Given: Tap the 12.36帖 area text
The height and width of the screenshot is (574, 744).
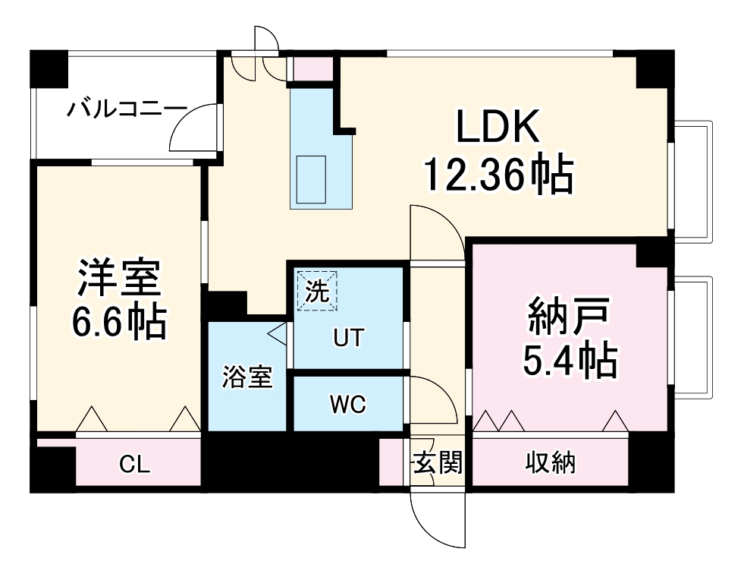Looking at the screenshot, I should (x=497, y=175).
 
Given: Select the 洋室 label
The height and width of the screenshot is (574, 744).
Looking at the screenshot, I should (x=119, y=279).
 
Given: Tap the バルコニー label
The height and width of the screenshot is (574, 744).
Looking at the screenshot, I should (x=125, y=109).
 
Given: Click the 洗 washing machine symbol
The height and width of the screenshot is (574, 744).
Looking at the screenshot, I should (x=315, y=289).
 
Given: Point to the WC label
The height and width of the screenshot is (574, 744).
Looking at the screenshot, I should (x=347, y=405).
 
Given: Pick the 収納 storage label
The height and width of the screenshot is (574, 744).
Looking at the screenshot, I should (x=551, y=461).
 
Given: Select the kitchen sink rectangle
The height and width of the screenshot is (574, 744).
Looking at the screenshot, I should (x=311, y=178).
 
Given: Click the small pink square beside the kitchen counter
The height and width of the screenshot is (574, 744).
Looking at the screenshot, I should (x=313, y=69).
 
